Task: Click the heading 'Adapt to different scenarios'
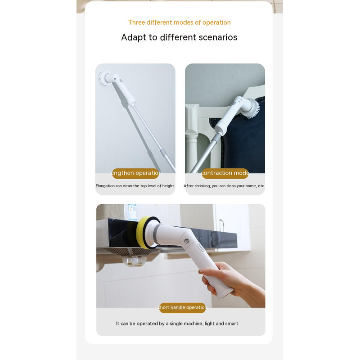[x=179, y=37]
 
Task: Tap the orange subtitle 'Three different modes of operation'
[x=179, y=22]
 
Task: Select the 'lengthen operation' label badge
[x=135, y=173]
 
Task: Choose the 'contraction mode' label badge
[x=225, y=173]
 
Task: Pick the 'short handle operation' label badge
[x=183, y=308]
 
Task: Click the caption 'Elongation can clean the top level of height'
[x=135, y=186]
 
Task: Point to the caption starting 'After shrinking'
[x=224, y=186]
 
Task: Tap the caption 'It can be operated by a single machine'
[x=177, y=324]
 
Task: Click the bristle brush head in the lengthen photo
[x=103, y=78]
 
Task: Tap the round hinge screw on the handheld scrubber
[x=187, y=241]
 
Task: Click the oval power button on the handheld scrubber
[x=201, y=247]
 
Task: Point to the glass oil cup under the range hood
[x=134, y=261]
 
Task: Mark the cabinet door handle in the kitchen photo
[x=222, y=226]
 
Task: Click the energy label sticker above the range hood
[x=132, y=211]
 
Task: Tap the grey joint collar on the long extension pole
[x=163, y=153]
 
